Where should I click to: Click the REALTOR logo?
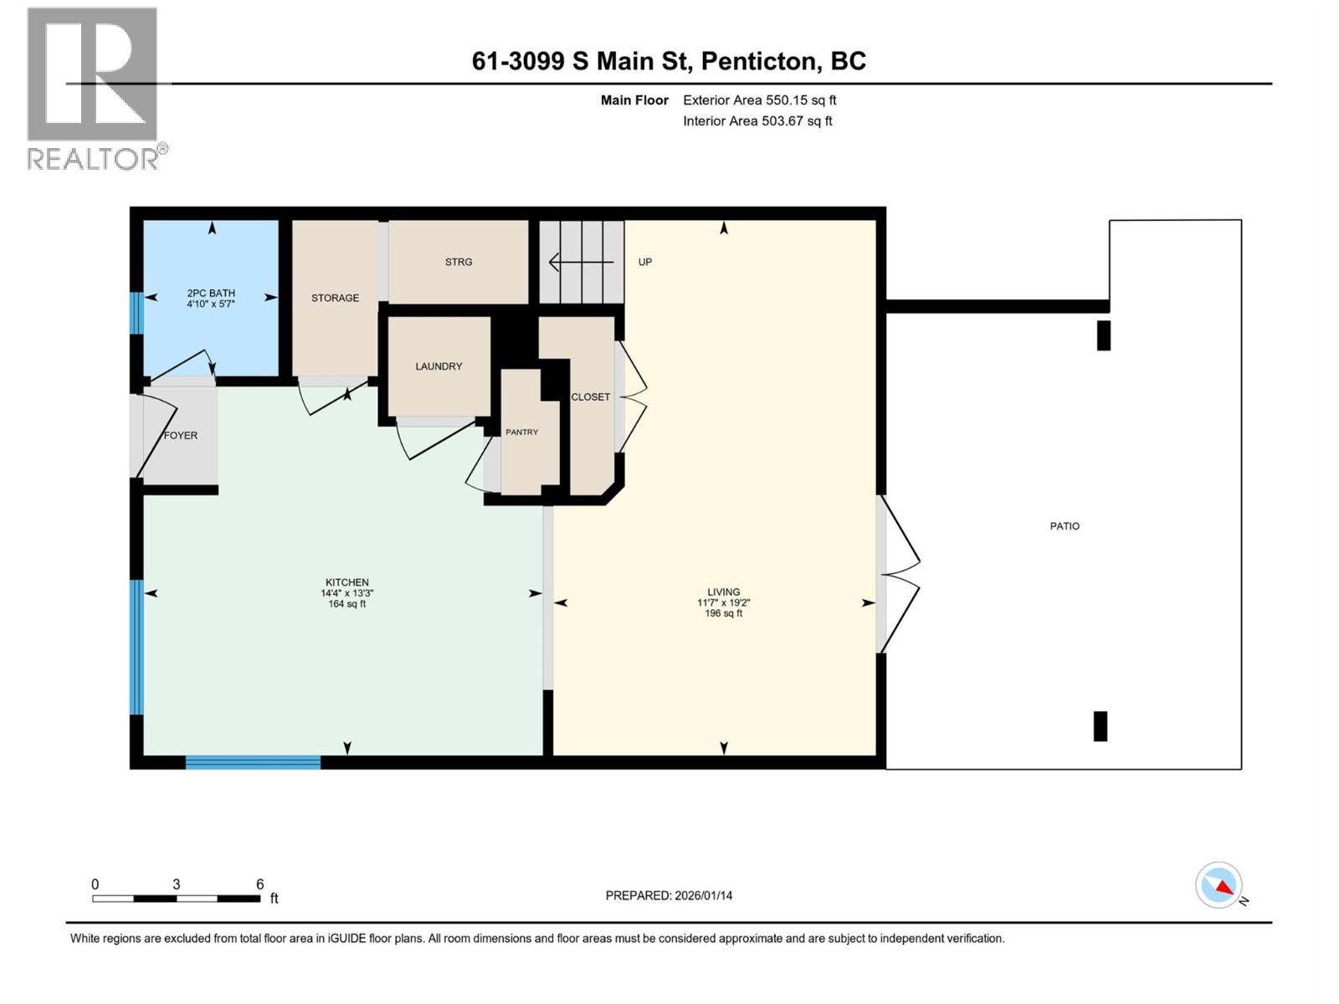(x=94, y=88)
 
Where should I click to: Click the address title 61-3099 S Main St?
(x=669, y=61)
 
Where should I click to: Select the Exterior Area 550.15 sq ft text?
(x=759, y=100)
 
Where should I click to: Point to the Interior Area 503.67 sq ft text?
(x=757, y=120)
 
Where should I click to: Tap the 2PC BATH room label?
(x=211, y=293)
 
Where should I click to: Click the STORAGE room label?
(x=335, y=298)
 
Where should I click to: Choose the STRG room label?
(x=459, y=262)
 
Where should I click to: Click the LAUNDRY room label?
(x=439, y=366)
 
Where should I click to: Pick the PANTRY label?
(x=521, y=432)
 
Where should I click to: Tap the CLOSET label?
(x=590, y=397)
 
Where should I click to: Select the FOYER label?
(x=181, y=435)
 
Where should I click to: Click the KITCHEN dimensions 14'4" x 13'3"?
(x=347, y=593)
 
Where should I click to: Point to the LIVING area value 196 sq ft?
(x=723, y=613)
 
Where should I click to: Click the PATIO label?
(x=1065, y=526)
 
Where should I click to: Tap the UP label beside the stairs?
(x=644, y=262)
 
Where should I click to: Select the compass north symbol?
(x=1219, y=885)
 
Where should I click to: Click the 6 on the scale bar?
(x=259, y=884)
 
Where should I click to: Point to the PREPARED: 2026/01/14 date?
(x=669, y=895)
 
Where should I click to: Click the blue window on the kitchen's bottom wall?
(x=253, y=762)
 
